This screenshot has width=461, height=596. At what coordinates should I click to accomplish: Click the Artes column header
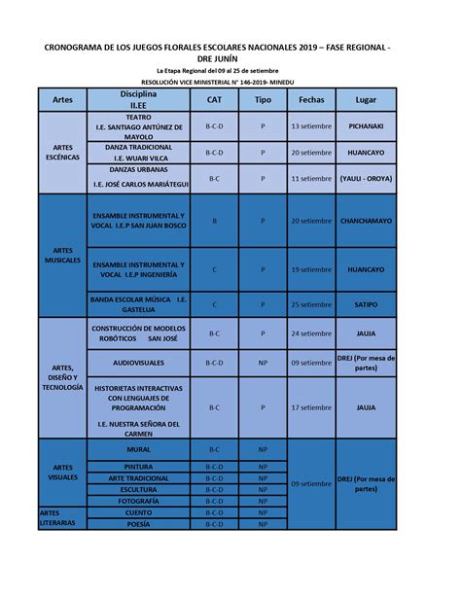pos(63,100)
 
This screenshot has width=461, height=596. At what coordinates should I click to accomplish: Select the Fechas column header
pos(311,100)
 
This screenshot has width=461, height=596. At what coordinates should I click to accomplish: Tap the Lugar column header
pos(366,100)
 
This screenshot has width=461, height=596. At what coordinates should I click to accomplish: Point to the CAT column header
pos(214,100)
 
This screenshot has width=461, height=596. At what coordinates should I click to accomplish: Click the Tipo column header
pos(263,100)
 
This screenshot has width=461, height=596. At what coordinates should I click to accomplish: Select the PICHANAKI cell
pos(366,126)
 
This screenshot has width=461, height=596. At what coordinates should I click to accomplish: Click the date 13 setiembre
pos(311,126)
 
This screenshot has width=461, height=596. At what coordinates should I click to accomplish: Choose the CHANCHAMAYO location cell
pos(366,221)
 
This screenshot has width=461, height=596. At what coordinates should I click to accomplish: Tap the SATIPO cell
pos(366,304)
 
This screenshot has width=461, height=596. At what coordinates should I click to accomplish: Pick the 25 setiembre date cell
pos(311,304)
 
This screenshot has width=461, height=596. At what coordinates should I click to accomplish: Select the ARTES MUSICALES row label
pos(63,256)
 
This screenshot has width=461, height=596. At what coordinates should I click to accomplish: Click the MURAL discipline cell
pos(138,450)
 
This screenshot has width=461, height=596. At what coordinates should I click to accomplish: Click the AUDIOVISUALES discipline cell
pos(138,363)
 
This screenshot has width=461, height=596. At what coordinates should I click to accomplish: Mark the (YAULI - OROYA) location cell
pos(366,179)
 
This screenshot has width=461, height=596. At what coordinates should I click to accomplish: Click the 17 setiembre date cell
pos(311,407)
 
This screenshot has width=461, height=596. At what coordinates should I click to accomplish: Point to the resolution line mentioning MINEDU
pos(230,84)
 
